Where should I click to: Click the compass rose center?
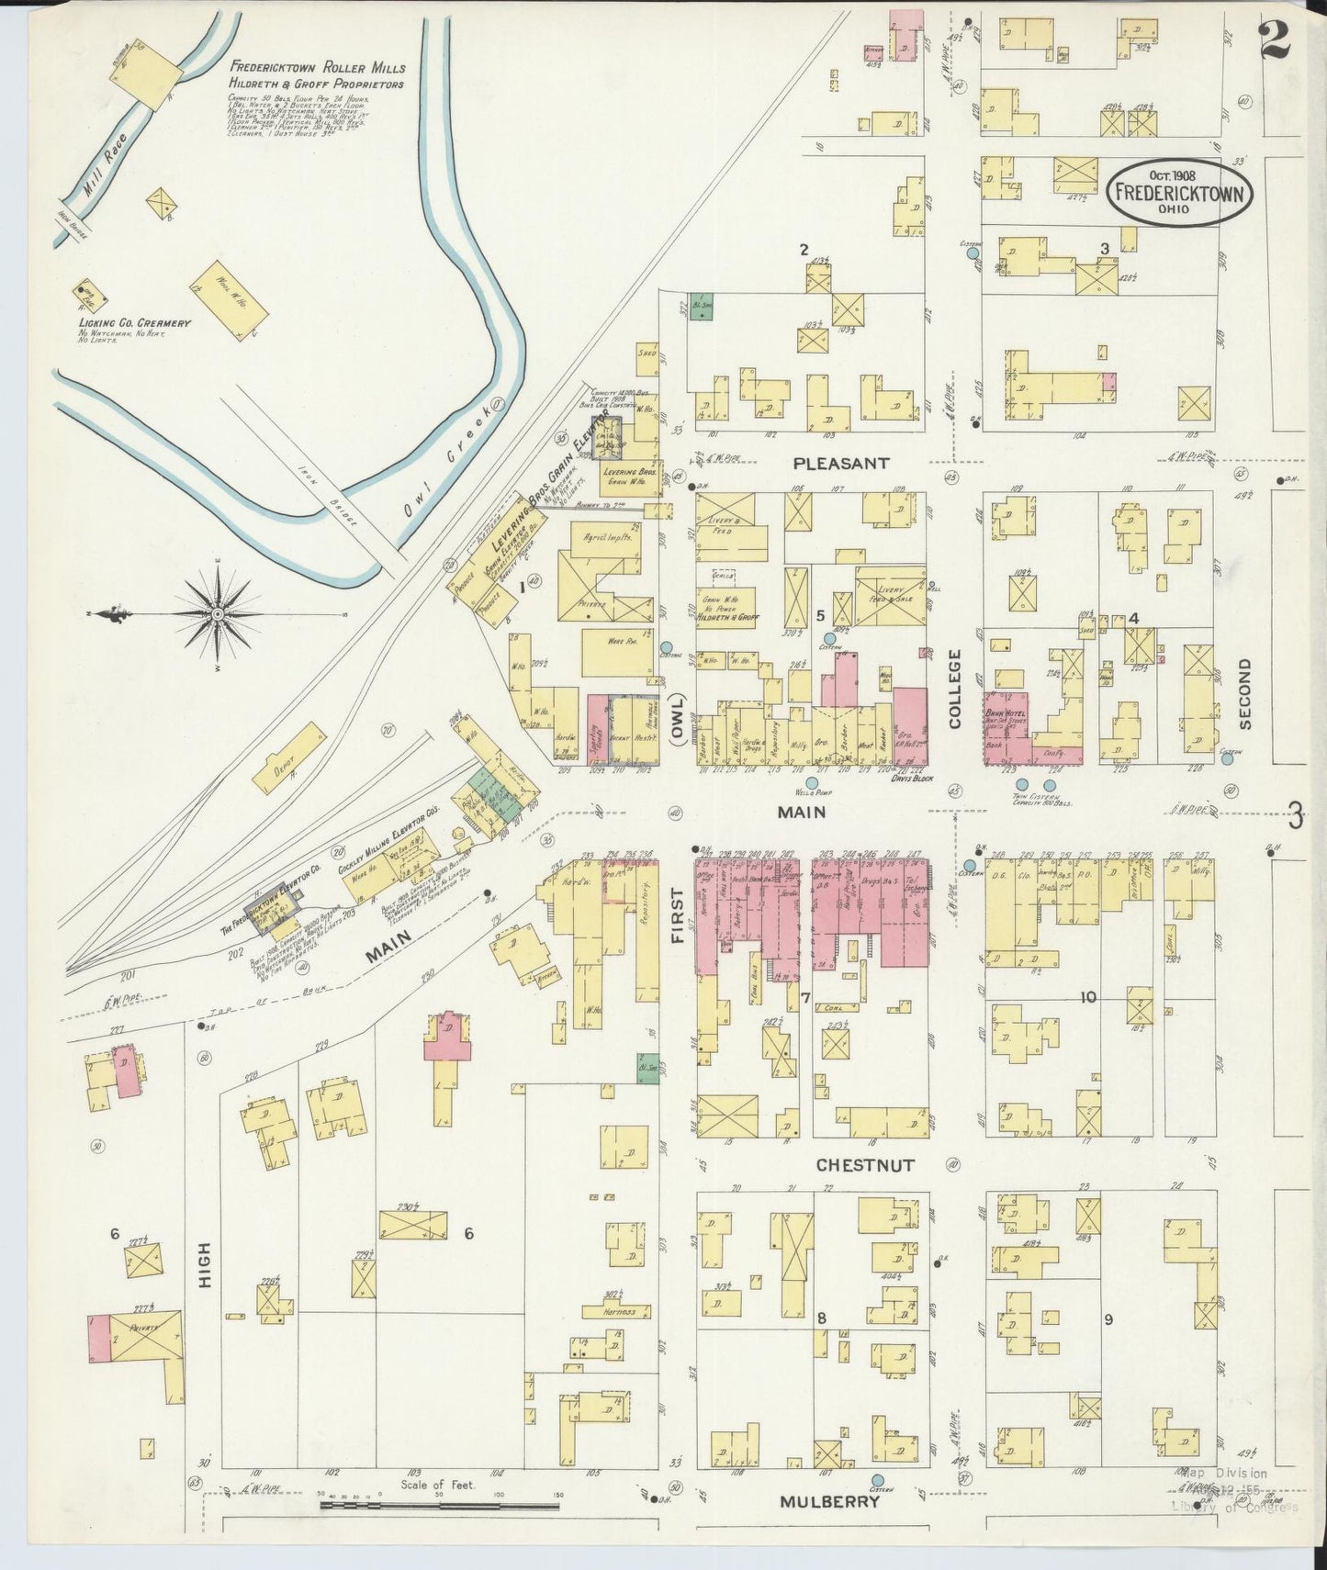tap(217, 612)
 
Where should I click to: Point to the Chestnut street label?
tap(865, 1165)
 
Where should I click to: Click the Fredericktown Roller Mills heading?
tap(318, 68)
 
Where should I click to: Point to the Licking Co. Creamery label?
tap(134, 323)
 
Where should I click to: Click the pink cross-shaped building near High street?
tap(447, 1039)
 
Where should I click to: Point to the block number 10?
tap(1088, 997)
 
